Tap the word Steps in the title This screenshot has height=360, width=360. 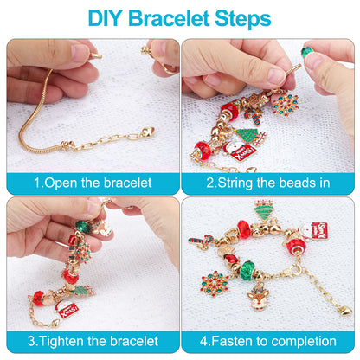239,18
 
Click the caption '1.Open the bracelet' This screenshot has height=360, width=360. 93,183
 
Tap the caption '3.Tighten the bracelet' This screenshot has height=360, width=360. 93,340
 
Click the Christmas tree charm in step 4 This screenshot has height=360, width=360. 265,210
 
